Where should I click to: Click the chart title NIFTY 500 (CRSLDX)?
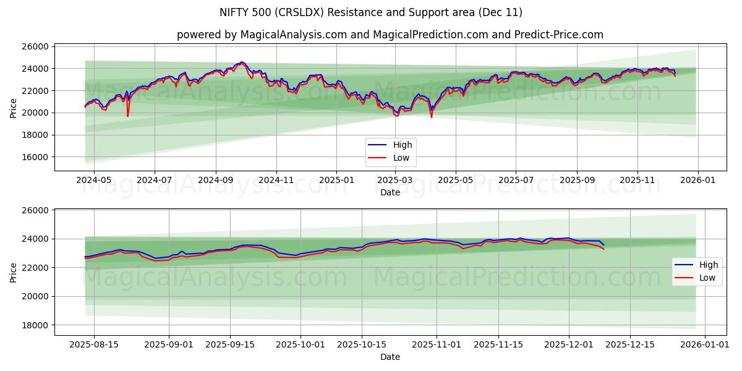370,12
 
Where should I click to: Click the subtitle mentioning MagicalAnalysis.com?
390,35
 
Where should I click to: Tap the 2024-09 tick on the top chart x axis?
215,179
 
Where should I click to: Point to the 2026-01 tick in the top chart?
698,179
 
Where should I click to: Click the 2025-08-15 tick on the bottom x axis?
94,344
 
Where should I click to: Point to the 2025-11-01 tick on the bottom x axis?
437,344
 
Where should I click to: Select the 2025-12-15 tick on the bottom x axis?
630,344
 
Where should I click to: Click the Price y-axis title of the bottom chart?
14,272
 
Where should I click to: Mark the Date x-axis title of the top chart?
390,192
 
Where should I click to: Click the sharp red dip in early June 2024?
128,115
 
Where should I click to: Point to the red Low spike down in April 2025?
432,116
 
